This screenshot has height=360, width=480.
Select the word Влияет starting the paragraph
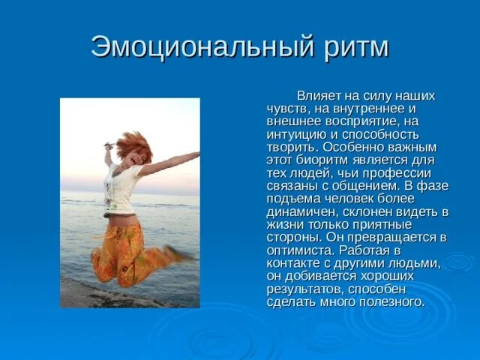[319, 96]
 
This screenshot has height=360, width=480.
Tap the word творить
[290, 148]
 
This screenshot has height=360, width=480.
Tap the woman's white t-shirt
[121, 187]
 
